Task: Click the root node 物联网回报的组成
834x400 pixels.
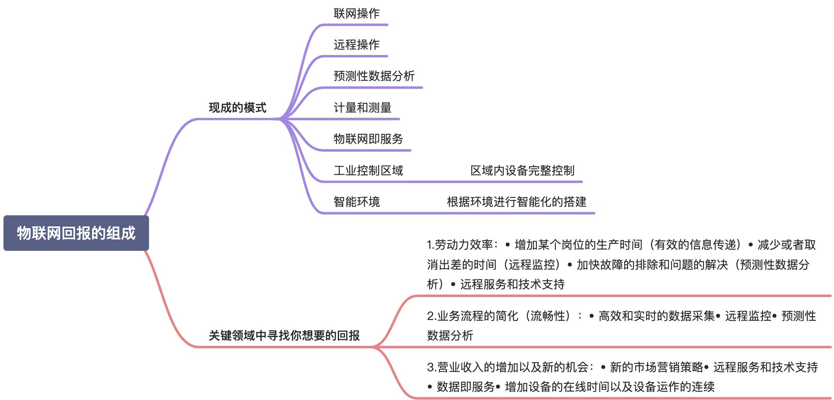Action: click(x=76, y=233)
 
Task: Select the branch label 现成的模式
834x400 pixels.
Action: click(x=237, y=107)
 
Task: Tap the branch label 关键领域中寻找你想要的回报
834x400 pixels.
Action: click(x=284, y=335)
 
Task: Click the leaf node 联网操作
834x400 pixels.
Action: click(x=357, y=13)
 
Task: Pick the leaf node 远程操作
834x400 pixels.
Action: click(x=357, y=45)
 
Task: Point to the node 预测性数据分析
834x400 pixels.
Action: click(x=374, y=76)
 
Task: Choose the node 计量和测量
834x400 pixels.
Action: click(x=362, y=107)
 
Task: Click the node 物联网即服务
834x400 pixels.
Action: click(x=368, y=139)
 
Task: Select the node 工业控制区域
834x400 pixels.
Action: click(x=368, y=170)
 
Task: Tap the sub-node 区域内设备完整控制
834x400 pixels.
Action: click(x=522, y=170)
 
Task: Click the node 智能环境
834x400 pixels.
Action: click(x=357, y=202)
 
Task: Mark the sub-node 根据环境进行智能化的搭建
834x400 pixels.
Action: click(x=516, y=202)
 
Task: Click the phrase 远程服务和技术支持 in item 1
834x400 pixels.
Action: click(x=512, y=284)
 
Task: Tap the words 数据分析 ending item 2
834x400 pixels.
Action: click(x=450, y=335)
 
